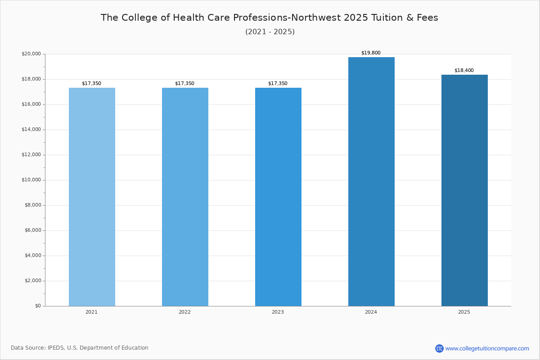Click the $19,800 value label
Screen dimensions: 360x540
(x=371, y=53)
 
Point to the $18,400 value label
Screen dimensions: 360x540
(x=464, y=71)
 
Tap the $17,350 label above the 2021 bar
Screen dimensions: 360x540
(x=91, y=84)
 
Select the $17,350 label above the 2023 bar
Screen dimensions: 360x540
(x=278, y=84)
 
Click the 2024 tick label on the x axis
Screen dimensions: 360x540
(x=371, y=312)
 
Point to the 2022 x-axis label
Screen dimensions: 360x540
(x=184, y=312)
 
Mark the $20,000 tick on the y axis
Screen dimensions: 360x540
(x=31, y=54)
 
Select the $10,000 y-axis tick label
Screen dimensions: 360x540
(x=31, y=180)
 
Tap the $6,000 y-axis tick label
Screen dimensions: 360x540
(x=32, y=230)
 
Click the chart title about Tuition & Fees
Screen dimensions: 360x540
(x=270, y=18)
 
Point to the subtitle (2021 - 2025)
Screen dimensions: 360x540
(x=270, y=32)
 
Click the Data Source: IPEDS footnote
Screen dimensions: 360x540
(x=80, y=348)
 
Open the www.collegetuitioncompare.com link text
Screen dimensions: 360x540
(x=487, y=348)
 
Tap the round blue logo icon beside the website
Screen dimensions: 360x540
(x=439, y=348)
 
